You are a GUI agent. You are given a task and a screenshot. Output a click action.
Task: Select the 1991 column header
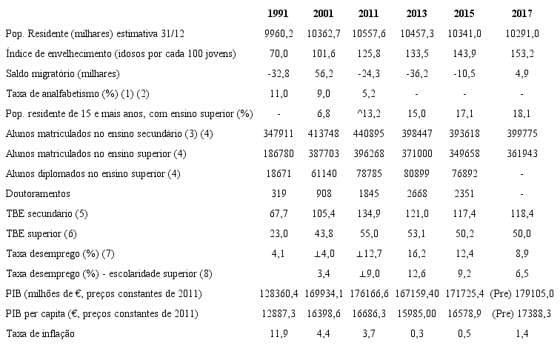click(x=278, y=14)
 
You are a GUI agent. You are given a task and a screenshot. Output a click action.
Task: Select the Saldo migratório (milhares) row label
click(x=62, y=73)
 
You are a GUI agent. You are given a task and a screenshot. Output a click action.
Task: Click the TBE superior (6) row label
click(x=46, y=233)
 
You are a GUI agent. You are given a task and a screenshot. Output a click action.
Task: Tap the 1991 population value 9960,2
click(x=278, y=34)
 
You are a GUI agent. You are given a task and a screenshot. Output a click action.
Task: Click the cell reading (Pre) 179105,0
click(x=521, y=293)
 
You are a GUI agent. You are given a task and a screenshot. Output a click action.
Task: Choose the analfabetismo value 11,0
click(x=278, y=93)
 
